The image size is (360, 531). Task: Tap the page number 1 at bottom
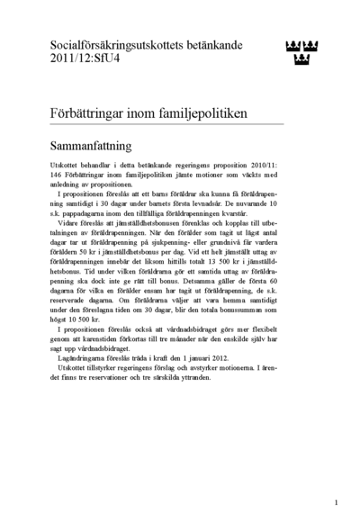335,503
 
